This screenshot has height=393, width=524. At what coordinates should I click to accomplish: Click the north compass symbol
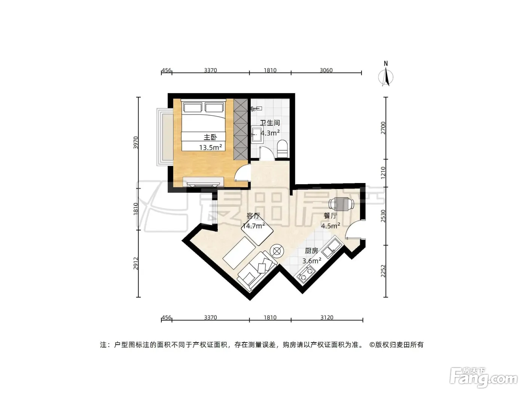(386, 74)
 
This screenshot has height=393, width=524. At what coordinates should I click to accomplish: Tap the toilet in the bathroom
(283, 149)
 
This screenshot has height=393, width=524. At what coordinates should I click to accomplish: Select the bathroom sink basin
(257, 135)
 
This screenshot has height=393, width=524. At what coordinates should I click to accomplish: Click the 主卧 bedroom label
(210, 137)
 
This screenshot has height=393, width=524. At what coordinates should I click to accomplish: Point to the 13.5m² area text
(211, 147)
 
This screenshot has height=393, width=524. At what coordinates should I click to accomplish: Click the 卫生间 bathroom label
(270, 123)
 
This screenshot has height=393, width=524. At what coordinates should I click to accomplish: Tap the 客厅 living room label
(253, 216)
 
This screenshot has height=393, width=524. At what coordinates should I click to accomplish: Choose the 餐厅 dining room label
(330, 216)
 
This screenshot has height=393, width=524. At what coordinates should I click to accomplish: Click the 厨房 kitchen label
(311, 251)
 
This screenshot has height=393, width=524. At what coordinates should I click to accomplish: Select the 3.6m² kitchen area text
(312, 261)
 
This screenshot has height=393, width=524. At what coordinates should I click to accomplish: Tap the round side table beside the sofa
(277, 251)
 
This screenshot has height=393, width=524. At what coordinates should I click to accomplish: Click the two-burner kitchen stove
(306, 274)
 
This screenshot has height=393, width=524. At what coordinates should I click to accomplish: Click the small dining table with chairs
(341, 204)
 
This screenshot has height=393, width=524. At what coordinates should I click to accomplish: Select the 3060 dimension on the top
(326, 70)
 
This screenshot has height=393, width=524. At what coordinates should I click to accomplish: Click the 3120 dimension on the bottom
(327, 318)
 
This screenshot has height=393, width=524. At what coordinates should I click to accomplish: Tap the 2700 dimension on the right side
(383, 128)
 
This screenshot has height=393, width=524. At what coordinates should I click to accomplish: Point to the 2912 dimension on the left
(136, 263)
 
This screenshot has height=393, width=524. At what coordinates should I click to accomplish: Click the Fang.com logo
(484, 378)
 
